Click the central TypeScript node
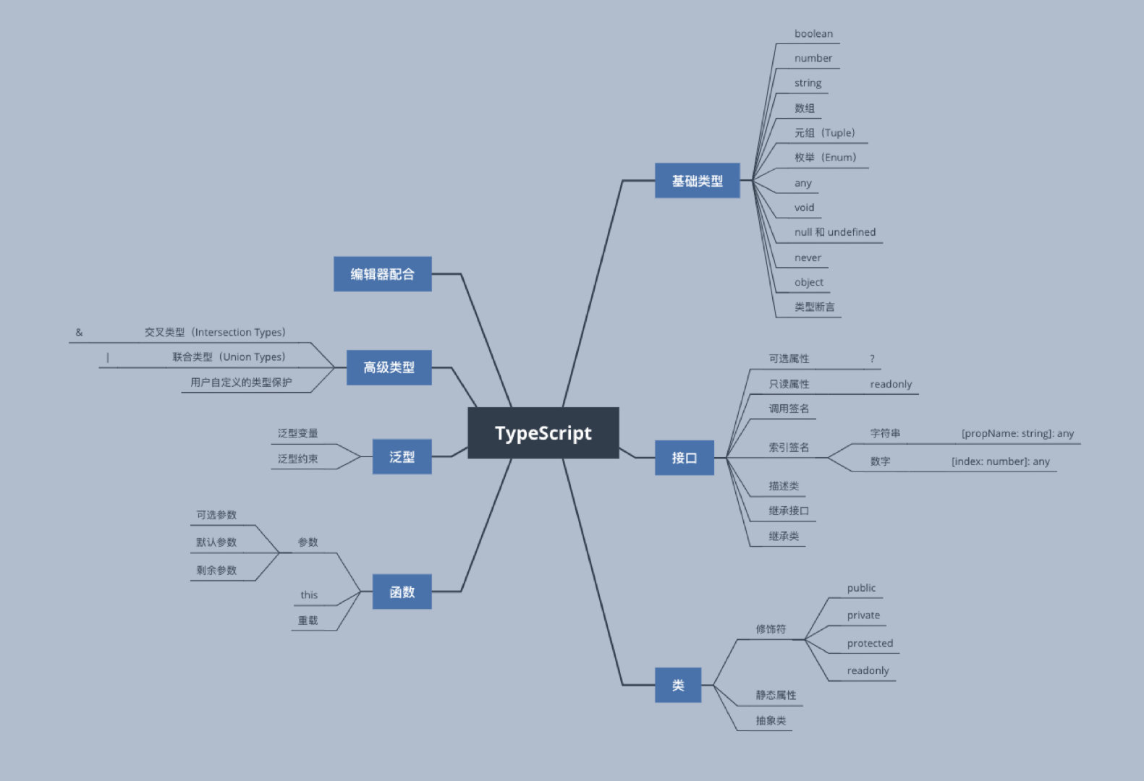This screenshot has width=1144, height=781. (x=543, y=432)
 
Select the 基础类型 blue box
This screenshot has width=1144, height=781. (x=697, y=181)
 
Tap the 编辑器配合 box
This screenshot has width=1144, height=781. (x=382, y=274)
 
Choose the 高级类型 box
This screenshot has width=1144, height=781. (x=389, y=367)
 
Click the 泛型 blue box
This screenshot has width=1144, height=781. (x=402, y=457)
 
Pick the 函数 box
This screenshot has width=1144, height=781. (x=402, y=592)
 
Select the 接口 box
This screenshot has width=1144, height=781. (x=684, y=458)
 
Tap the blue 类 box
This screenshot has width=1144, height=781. (x=678, y=685)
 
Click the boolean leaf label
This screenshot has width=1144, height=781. (x=813, y=34)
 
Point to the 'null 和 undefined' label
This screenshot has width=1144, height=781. (x=834, y=232)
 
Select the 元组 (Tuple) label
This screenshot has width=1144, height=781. (x=824, y=133)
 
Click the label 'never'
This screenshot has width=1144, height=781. (x=808, y=258)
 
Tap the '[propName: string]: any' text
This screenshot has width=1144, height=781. (x=1017, y=434)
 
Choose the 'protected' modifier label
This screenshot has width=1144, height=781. (x=870, y=644)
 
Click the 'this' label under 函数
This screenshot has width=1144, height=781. (x=309, y=595)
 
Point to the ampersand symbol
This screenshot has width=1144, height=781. (x=79, y=333)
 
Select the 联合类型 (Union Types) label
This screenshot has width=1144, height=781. (x=229, y=357)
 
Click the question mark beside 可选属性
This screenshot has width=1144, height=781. (x=872, y=359)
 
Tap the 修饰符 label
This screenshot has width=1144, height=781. (x=771, y=629)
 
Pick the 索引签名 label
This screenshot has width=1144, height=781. (x=789, y=448)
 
